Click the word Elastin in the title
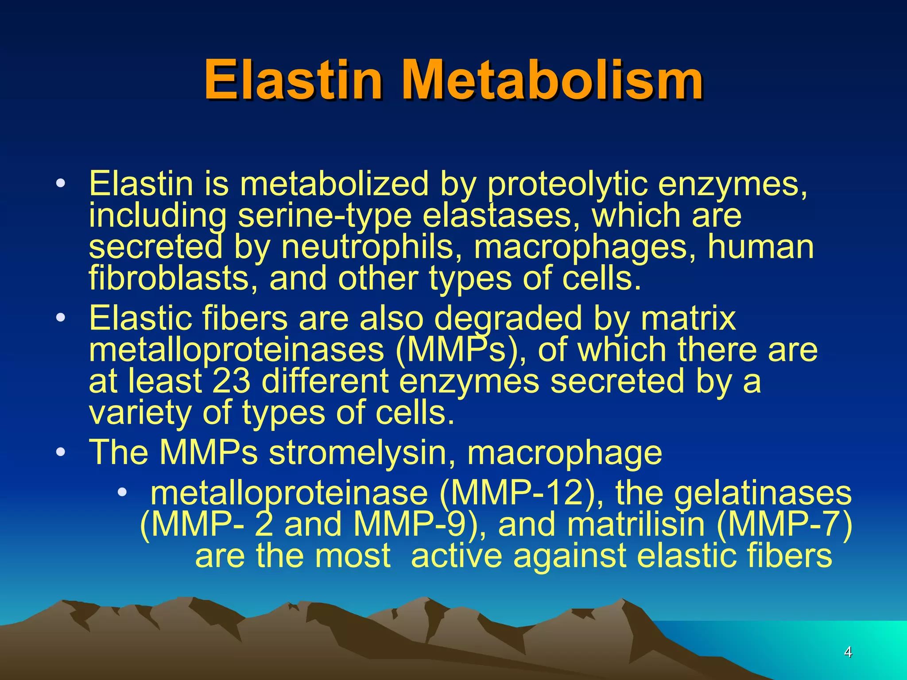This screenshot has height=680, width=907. tap(293, 81)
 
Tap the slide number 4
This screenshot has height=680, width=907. tap(848, 652)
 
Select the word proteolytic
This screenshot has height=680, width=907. tap(567, 184)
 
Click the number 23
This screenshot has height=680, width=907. tap(231, 381)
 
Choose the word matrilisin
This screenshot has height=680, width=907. tap(636, 525)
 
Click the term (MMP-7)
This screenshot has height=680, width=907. tap(784, 525)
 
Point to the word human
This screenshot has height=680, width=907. tap(760, 247)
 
